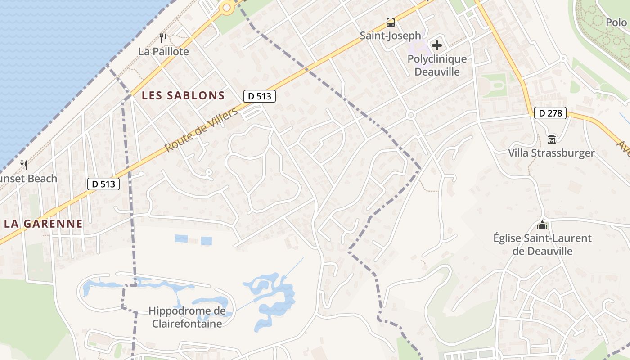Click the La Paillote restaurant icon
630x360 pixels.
(x=163, y=38)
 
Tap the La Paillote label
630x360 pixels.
(x=163, y=51)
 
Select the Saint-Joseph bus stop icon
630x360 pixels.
(x=391, y=22)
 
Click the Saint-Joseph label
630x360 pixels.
(x=391, y=36)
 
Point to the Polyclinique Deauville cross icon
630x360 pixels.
(x=436, y=45)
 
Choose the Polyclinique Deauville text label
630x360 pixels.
(x=437, y=65)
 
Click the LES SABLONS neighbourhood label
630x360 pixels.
(x=183, y=95)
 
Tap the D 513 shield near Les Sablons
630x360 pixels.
(x=260, y=96)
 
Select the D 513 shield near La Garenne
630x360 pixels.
(x=103, y=184)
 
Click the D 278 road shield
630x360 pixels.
(x=550, y=113)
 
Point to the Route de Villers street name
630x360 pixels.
(x=201, y=130)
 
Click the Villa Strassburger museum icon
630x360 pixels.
(x=552, y=139)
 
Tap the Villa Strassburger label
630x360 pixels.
(x=551, y=153)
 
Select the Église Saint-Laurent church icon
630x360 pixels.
(x=542, y=225)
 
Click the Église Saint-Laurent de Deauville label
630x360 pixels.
(x=542, y=244)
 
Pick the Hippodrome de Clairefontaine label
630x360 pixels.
(x=187, y=317)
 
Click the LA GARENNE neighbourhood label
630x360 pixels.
(x=43, y=224)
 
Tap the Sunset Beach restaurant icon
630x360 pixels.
(x=24, y=165)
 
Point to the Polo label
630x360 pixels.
(x=616, y=22)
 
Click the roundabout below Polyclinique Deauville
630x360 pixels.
(x=410, y=115)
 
